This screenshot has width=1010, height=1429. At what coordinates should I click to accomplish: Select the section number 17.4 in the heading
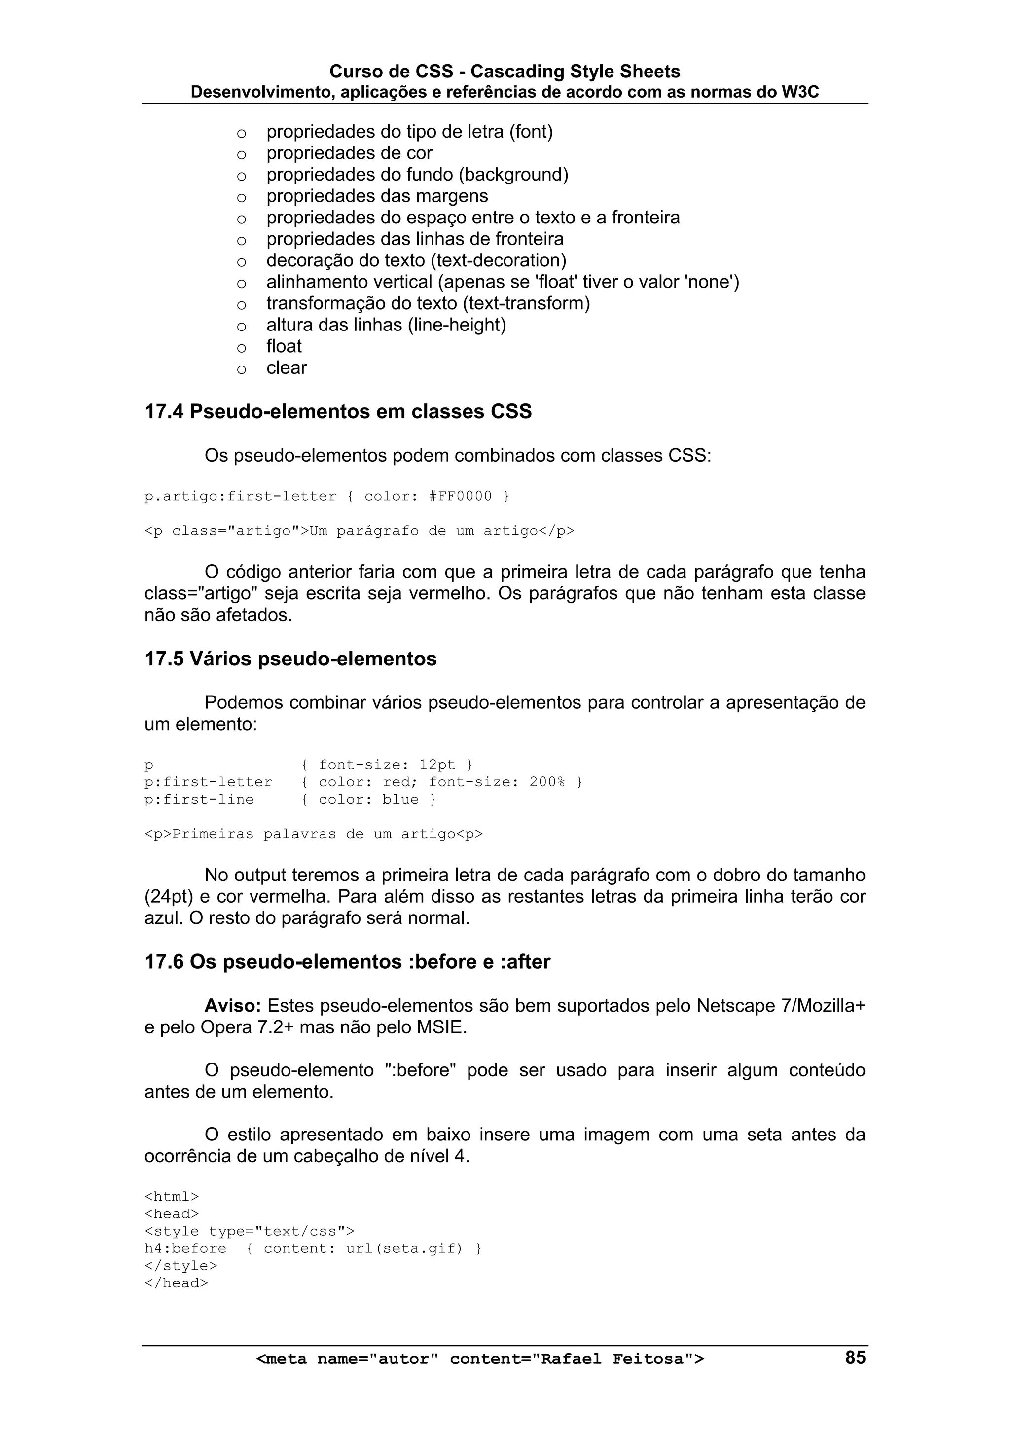pyautogui.click(x=164, y=412)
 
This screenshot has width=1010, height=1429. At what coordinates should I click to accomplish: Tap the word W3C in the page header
pyautogui.click(x=800, y=93)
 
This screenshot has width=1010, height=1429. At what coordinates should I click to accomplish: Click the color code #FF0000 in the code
pyautogui.click(x=461, y=497)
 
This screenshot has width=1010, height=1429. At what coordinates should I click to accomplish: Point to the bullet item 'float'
pyautogui.click(x=284, y=347)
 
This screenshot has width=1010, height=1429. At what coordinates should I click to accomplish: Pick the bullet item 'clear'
pyautogui.click(x=286, y=368)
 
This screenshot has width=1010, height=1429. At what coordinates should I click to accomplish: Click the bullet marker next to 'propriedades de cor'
pyautogui.click(x=242, y=154)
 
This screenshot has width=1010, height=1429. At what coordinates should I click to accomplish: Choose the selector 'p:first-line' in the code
pyautogui.click(x=199, y=800)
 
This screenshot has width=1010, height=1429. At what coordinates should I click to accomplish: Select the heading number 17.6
pyautogui.click(x=164, y=962)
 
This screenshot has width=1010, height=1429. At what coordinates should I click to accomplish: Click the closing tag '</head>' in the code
pyautogui.click(x=176, y=1283)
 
